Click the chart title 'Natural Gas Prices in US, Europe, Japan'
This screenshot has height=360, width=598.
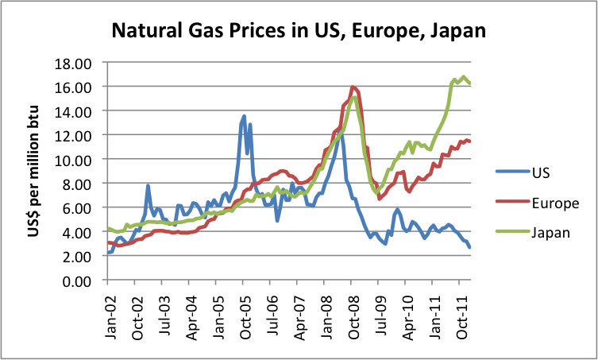click(298, 31)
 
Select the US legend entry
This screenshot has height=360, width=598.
click(539, 172)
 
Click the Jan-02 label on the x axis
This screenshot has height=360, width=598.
click(110, 310)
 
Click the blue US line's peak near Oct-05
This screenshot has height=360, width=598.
click(244, 116)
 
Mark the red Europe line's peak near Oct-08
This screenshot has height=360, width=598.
click(353, 87)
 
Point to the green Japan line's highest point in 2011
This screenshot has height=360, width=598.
click(463, 77)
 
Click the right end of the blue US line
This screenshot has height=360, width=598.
click(470, 247)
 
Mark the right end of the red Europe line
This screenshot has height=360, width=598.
click(470, 141)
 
